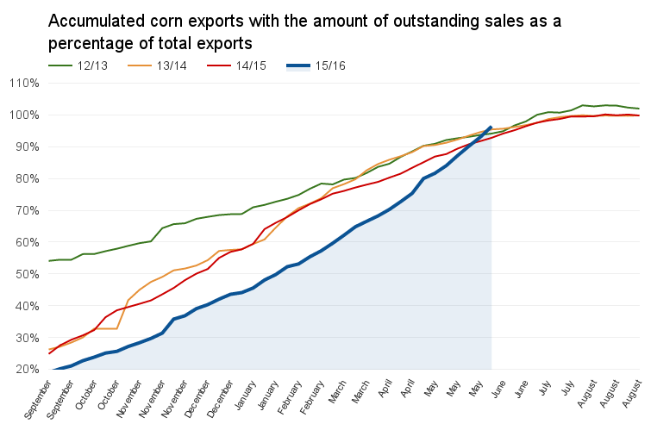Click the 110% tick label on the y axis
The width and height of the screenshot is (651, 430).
click(x=24, y=83)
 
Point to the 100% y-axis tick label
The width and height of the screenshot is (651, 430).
click(x=24, y=115)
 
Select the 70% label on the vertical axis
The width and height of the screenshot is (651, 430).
click(x=28, y=210)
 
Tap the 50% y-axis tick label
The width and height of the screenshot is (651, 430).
click(x=28, y=274)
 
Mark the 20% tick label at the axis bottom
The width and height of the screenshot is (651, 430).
click(x=28, y=369)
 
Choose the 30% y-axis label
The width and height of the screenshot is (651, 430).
click(x=28, y=338)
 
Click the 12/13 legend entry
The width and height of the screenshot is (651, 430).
click(x=78, y=66)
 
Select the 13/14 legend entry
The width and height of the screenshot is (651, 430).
click(x=157, y=66)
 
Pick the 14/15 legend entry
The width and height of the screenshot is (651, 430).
click(x=236, y=66)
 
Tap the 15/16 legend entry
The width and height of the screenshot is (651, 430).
click(x=316, y=66)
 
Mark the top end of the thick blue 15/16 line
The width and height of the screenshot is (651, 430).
click(x=491, y=127)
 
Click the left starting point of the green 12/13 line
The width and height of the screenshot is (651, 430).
click(x=49, y=261)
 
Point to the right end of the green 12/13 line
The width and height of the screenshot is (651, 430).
click(x=639, y=109)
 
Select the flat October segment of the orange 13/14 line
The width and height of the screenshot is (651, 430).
click(x=106, y=328)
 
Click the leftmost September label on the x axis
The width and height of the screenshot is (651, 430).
click(x=37, y=399)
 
